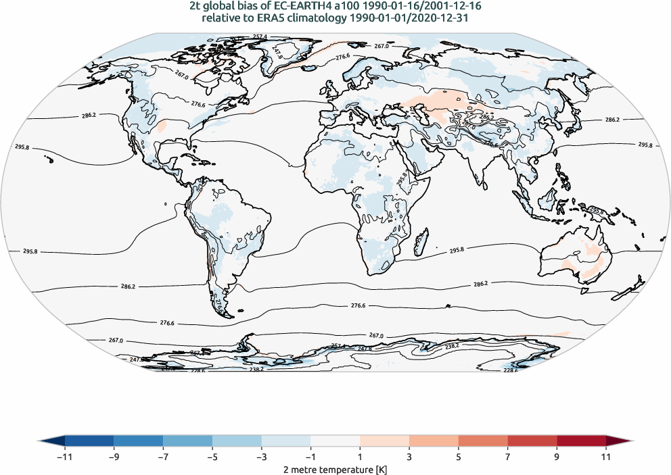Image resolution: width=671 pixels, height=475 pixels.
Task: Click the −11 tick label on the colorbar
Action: point(65,457)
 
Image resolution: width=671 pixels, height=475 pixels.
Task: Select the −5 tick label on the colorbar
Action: point(212,457)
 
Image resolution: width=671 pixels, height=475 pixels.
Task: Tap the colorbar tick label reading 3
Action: point(409,457)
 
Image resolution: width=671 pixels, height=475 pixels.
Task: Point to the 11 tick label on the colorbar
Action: point(606,457)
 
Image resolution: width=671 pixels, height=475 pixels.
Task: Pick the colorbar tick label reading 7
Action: point(507,457)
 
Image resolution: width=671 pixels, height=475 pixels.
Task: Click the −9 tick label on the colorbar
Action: point(114,457)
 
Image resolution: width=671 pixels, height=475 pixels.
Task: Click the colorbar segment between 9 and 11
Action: point(581,442)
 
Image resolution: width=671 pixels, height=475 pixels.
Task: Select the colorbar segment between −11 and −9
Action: point(89,442)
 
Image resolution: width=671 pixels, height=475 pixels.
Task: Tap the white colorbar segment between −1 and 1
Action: point(335,442)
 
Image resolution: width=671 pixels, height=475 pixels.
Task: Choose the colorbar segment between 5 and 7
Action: point(483,442)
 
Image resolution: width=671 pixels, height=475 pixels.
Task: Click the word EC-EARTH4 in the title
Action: point(298,7)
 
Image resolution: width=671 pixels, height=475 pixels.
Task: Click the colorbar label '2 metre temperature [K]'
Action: point(335,469)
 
